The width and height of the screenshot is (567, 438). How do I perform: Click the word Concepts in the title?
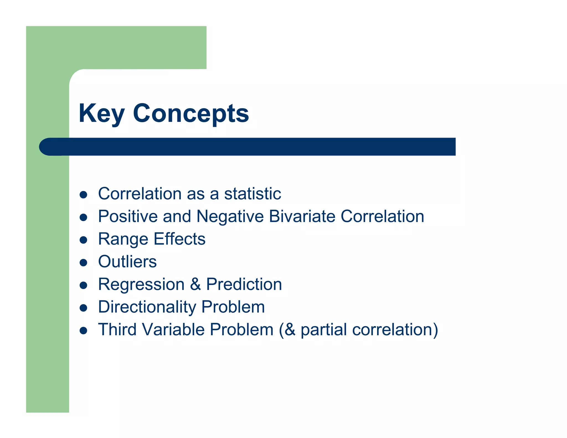[191, 113]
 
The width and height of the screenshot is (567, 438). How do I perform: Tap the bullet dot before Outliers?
[83, 262]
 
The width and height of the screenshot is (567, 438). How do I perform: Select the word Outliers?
[127, 262]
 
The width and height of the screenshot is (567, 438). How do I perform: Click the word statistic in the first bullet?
[252, 194]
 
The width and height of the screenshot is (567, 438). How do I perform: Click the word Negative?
[230, 216]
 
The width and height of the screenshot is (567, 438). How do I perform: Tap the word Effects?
[179, 239]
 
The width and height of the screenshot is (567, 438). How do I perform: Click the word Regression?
[141, 284]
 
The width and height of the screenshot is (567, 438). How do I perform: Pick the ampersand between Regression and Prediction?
[195, 284]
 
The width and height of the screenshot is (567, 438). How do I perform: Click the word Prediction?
[244, 284]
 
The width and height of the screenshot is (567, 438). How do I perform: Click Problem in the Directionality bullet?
[233, 307]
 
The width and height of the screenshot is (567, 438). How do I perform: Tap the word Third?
[117, 330]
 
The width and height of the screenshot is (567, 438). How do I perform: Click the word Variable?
[173, 330]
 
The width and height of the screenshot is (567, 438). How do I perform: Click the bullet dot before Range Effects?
[83, 240]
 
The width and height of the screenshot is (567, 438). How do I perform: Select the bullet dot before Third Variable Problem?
[83, 331]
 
